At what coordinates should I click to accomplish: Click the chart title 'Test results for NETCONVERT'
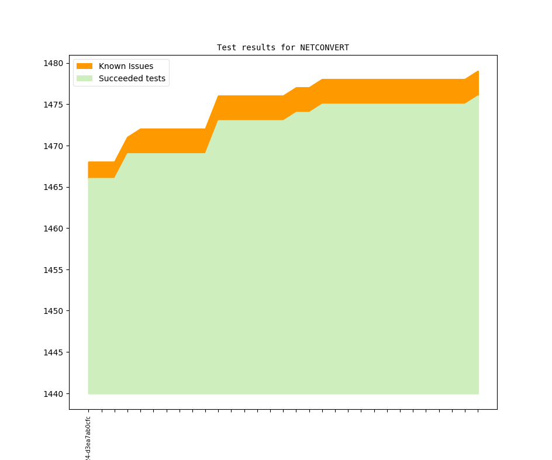283,47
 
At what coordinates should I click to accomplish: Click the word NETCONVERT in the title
325,47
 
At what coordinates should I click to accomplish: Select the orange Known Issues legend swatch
84,66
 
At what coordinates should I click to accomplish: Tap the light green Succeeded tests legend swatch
84,78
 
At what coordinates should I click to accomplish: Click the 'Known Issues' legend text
126,66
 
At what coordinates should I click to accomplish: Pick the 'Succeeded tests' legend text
132,78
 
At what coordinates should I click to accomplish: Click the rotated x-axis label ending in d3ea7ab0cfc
88,438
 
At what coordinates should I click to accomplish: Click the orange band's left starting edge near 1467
89,170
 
